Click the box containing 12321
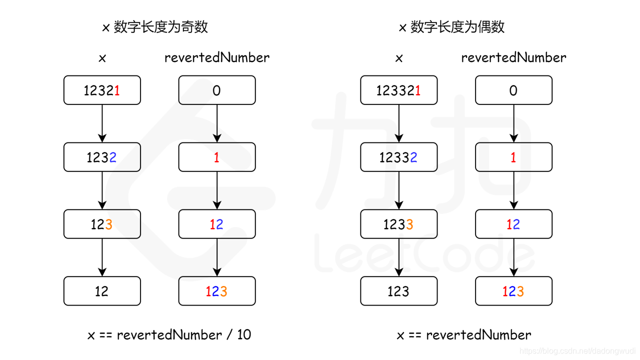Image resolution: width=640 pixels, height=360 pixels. (102, 90)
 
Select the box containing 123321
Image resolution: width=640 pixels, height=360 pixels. (398, 90)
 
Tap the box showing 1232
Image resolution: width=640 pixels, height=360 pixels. (102, 157)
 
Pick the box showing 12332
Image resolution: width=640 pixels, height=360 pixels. (398, 157)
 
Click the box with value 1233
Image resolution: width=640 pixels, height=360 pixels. (398, 224)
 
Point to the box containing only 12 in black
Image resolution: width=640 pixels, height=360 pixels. (102, 291)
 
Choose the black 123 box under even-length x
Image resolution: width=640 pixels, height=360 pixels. (398, 291)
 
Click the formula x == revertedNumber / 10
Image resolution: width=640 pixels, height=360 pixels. (169, 335)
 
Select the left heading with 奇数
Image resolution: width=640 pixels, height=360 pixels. (155, 27)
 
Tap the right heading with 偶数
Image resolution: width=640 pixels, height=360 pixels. (451, 27)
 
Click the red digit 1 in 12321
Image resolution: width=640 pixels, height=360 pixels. (117, 90)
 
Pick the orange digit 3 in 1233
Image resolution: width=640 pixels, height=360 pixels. (409, 224)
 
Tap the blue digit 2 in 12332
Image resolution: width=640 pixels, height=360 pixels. (413, 157)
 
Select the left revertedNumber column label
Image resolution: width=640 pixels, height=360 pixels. (217, 58)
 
